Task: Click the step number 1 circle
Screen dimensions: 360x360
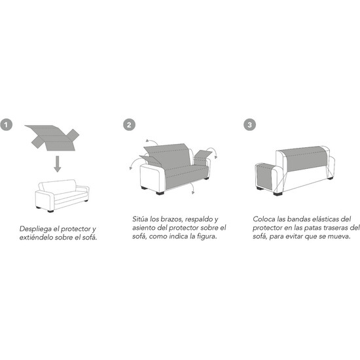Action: [6, 125]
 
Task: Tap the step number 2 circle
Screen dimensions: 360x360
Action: [129, 125]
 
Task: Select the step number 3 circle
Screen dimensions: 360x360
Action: [249, 125]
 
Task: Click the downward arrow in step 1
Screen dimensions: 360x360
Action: [58, 164]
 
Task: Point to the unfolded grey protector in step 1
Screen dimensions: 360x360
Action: [52, 137]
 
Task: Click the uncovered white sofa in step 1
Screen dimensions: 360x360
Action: [62, 196]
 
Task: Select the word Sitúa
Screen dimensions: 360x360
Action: [140, 219]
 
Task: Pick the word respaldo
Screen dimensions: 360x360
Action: [199, 220]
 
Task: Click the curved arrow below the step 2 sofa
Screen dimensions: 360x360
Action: [192, 189]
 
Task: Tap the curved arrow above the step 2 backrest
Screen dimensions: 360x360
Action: [152, 141]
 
